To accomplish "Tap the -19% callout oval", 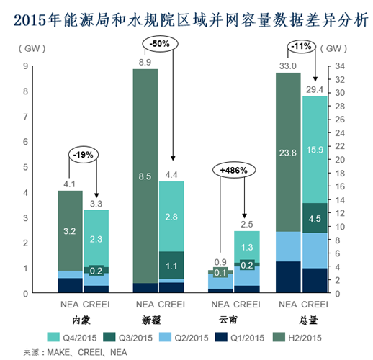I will point(84,153).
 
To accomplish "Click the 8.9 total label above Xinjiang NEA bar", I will point(144,63).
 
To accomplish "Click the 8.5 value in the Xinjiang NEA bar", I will point(145,175).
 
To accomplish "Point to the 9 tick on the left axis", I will point(25,66).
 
